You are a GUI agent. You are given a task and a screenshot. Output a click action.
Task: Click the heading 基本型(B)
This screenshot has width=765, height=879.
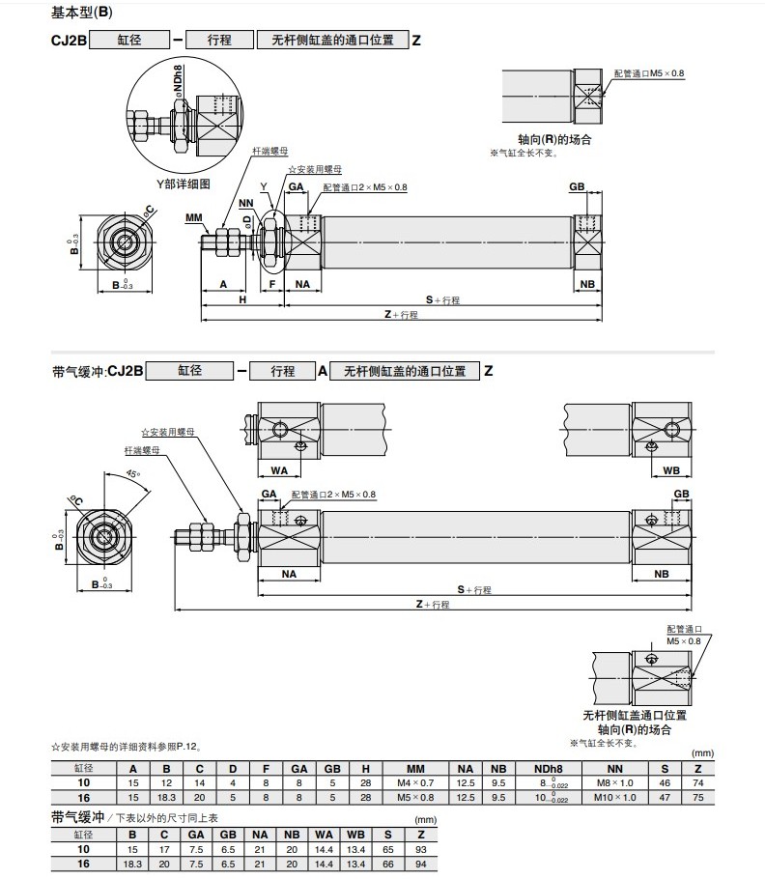click(x=83, y=14)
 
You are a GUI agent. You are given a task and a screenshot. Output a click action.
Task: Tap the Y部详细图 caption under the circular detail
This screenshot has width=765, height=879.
click(x=184, y=184)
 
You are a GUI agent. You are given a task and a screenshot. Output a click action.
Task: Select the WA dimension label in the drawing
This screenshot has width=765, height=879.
click(x=280, y=470)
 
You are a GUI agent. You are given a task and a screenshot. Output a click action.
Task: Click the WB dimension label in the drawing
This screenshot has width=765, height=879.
click(x=670, y=470)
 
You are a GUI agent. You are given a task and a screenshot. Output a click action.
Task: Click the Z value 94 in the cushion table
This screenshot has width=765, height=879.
click(x=419, y=864)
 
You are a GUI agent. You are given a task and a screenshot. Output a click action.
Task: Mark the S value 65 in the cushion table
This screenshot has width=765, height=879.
click(x=387, y=849)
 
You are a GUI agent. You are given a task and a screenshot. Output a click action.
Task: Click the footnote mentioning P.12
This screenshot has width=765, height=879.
click(x=126, y=747)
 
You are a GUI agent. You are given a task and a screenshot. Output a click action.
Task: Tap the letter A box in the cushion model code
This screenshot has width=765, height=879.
click(x=323, y=370)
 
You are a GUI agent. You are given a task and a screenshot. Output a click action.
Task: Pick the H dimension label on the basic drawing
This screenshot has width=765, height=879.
click(x=242, y=299)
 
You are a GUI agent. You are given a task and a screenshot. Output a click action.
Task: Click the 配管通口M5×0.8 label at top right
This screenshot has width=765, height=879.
click(x=648, y=73)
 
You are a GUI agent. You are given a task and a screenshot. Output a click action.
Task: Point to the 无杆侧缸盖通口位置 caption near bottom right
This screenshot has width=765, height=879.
click(x=635, y=716)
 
